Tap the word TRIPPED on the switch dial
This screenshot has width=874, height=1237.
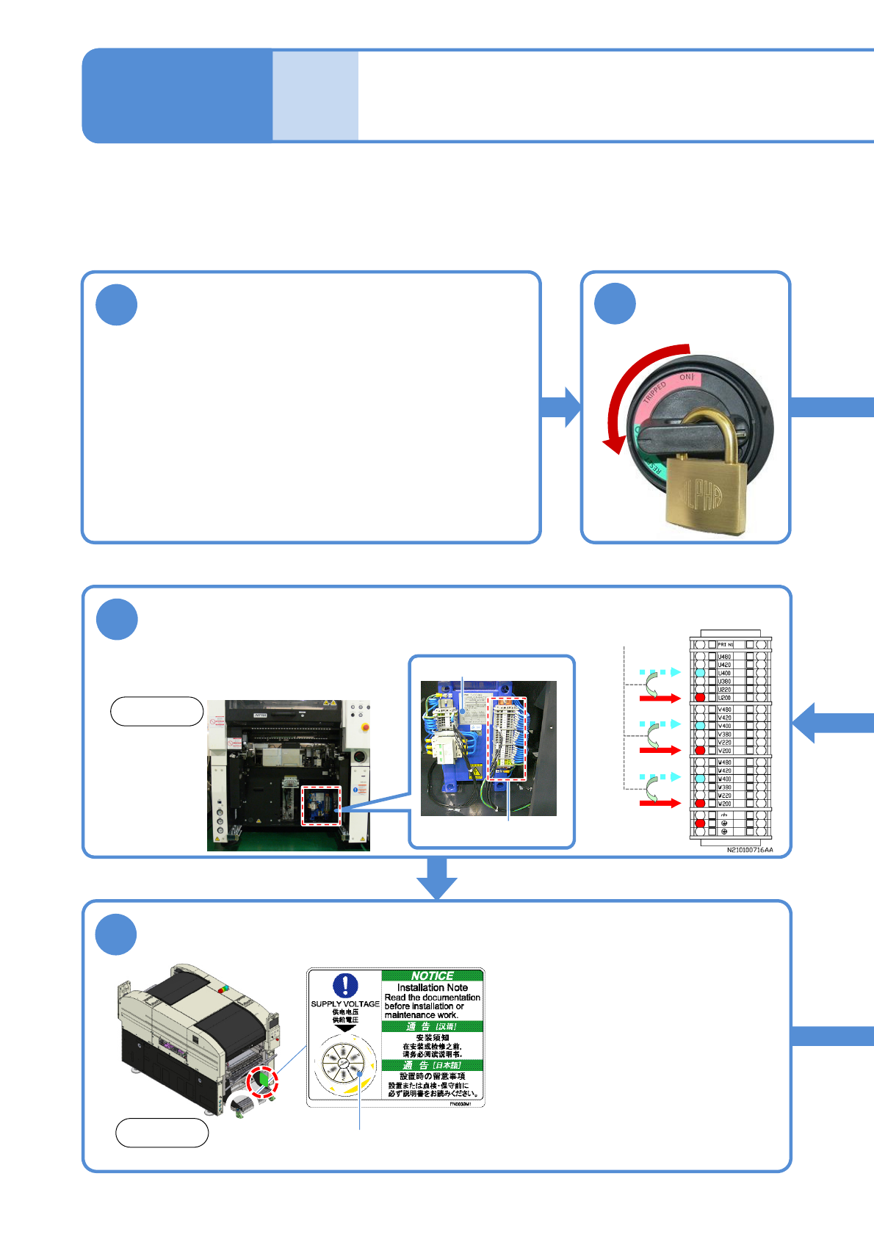654,392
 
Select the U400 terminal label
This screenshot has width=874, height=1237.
724,673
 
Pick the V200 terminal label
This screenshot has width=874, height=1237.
724,751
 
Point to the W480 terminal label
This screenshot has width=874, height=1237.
724,762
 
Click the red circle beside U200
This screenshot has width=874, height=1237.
700,697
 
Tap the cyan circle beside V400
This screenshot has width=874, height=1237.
700,725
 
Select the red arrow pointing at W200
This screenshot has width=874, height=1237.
660,804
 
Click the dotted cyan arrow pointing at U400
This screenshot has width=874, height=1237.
660,672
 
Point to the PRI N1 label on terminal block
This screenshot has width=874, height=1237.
725,644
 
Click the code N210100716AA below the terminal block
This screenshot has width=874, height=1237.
750,850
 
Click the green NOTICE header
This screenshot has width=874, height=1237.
432,975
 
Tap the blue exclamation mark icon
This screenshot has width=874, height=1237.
345,985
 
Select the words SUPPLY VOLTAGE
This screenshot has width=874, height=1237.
345,1003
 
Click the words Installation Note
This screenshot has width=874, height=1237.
432,987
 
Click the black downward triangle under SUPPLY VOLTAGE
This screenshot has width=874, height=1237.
345,1028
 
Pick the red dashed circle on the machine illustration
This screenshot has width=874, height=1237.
262,1081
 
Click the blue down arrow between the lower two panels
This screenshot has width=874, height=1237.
437,878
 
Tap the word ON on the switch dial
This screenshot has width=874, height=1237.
686,377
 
